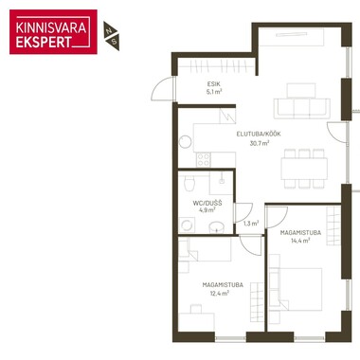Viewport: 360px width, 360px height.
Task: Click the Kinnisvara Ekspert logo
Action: coord(53,32)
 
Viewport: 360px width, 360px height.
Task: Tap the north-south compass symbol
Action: coord(111,36)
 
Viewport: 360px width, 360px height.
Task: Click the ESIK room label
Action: coord(214,84)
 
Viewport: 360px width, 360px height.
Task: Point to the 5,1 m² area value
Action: coord(214,92)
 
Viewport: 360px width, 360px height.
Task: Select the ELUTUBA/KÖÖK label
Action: coord(259,134)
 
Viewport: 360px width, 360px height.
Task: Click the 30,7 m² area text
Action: coord(260,143)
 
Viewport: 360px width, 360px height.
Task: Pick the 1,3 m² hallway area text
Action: coord(251,224)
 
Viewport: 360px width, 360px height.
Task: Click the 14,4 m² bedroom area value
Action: coord(300,241)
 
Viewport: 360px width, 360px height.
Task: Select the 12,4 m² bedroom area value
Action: coord(220,293)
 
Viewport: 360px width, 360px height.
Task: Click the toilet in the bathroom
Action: coord(189,183)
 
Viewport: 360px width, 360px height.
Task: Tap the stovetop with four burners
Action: coord(203,159)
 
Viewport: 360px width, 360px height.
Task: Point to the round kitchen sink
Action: coord(186,142)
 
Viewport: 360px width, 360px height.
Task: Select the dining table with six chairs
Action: coord(304,169)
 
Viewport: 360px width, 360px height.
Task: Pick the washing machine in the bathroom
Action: coord(187,225)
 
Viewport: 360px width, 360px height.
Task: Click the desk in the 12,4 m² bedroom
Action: coord(196,321)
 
